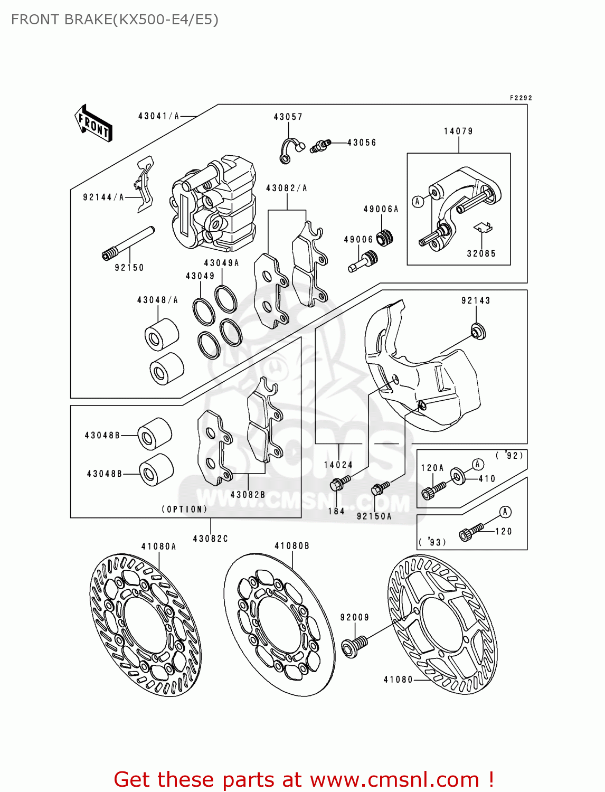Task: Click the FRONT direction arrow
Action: pyautogui.click(x=93, y=123)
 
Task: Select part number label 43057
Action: pyautogui.click(x=288, y=117)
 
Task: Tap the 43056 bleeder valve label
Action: pyautogui.click(x=362, y=143)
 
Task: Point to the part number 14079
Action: pyautogui.click(x=458, y=131)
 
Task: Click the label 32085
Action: pyautogui.click(x=481, y=253)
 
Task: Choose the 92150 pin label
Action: pyautogui.click(x=129, y=268)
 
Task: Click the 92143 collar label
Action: pyautogui.click(x=476, y=300)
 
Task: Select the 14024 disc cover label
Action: pyautogui.click(x=338, y=465)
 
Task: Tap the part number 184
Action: pyautogui.click(x=336, y=511)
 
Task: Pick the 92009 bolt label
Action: pyautogui.click(x=354, y=617)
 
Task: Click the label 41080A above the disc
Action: pyautogui.click(x=158, y=546)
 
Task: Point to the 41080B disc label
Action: pyautogui.click(x=292, y=546)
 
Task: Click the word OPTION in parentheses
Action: pyautogui.click(x=184, y=510)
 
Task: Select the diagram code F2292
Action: pyautogui.click(x=521, y=98)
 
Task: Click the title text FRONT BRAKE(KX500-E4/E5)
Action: pyautogui.click(x=115, y=20)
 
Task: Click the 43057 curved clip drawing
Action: pyautogui.click(x=289, y=150)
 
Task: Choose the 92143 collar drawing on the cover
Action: pyautogui.click(x=478, y=332)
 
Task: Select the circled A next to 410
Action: pyautogui.click(x=478, y=464)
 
